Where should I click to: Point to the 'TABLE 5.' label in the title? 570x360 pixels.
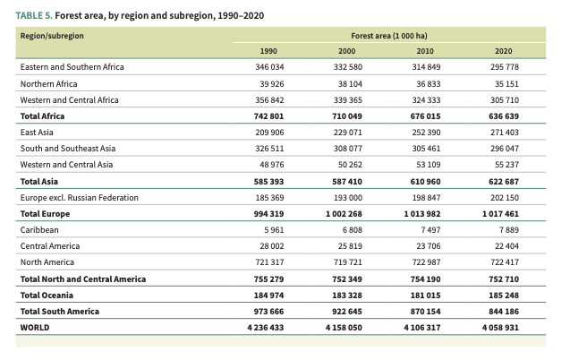pyautogui.click(x=34, y=16)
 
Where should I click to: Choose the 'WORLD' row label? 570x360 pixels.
pyautogui.click(x=35, y=328)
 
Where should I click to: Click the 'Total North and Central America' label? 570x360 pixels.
pyautogui.click(x=82, y=279)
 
